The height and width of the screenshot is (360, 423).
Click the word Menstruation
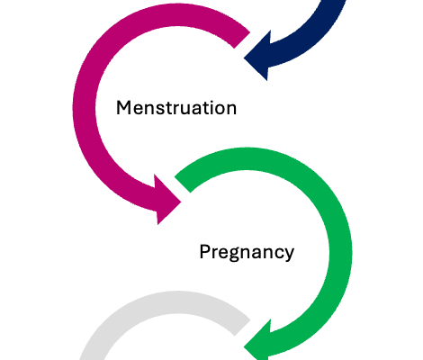click(176, 107)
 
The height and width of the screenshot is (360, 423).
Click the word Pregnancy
click(247, 252)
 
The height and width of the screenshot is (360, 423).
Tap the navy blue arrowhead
click(258, 56)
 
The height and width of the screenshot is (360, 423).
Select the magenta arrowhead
click(167, 199)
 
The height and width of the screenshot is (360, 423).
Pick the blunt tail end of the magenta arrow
click(242, 40)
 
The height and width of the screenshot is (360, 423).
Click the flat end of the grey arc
click(242, 328)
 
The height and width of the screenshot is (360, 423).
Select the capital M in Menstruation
click(123, 108)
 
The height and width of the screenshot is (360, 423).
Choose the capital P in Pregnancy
click(205, 251)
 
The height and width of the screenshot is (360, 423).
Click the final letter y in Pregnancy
click(289, 255)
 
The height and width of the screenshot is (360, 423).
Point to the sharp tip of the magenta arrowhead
click(182, 202)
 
